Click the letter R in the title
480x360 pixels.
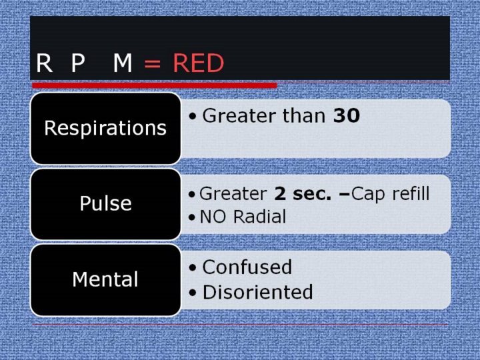coord(45,63)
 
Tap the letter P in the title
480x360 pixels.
coord(78,63)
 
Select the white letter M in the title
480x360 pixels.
coord(123,63)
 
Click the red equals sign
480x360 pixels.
coord(152,64)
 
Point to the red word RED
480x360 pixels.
coord(199,63)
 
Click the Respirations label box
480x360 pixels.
coord(105,128)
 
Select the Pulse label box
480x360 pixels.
coord(105,204)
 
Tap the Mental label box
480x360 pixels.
coord(105,280)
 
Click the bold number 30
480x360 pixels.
coord(346,116)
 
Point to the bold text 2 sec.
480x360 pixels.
coord(303,194)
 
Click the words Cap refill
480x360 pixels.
coord(390,195)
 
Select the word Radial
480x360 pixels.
coord(259,217)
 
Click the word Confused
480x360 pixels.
coord(247,267)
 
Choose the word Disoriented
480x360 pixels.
coord(257,292)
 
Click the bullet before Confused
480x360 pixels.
coord(192,268)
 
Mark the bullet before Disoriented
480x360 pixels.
coord(192,293)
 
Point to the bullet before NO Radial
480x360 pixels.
coord(192,217)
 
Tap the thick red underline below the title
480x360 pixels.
coord(155,85)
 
